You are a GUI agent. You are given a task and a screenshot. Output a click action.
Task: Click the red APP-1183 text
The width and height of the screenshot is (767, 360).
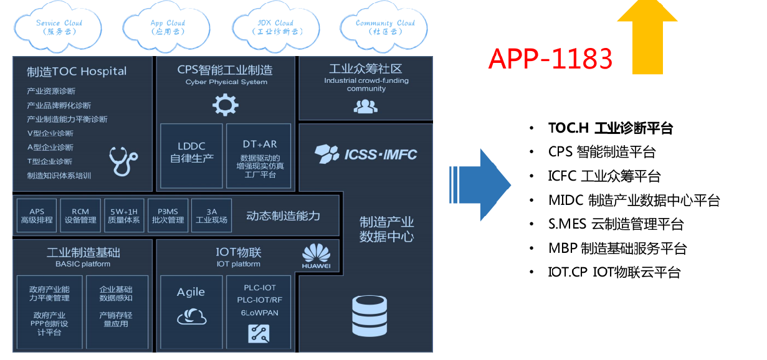[550, 59]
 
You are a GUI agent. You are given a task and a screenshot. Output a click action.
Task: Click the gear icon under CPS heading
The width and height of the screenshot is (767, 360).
[226, 104]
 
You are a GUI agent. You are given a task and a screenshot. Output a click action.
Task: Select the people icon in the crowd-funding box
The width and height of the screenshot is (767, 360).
[365, 107]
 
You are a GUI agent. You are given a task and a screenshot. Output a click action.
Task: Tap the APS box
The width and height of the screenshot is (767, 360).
[37, 216]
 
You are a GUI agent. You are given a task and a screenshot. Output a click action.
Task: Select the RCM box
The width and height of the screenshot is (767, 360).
[80, 216]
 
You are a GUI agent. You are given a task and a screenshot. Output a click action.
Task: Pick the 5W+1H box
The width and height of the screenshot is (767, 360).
[124, 216]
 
